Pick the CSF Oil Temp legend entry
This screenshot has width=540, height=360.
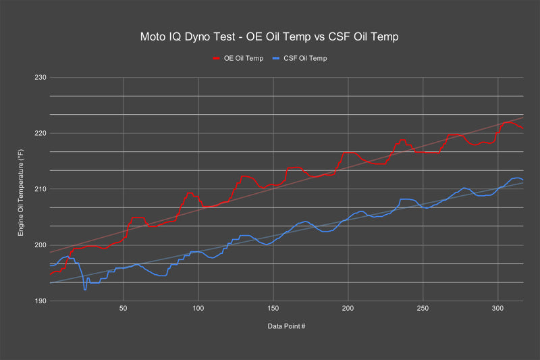click(x=302, y=58)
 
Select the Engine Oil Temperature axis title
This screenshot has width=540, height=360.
click(x=22, y=190)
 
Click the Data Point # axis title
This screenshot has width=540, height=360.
click(x=286, y=326)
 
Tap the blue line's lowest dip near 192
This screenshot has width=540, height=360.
click(x=85, y=290)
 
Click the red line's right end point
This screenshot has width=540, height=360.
click(x=523, y=128)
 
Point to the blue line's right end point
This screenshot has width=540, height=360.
click(x=523, y=180)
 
